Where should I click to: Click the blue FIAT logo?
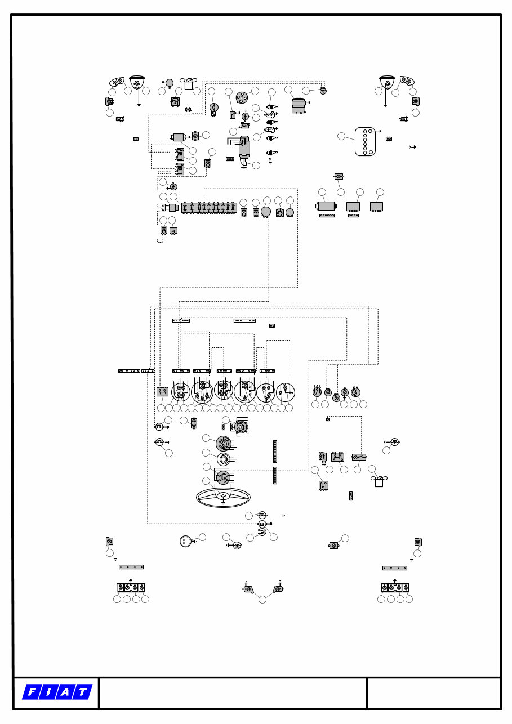57,692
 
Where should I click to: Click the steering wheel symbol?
223,497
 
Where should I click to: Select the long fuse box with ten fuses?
209,208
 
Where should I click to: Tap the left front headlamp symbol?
137,83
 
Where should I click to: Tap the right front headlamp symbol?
387,83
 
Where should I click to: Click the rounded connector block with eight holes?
365,141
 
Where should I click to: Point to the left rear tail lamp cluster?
131,588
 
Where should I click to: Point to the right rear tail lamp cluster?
395,588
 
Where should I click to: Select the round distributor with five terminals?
242,97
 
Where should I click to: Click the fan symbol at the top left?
189,83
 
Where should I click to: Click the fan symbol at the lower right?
379,481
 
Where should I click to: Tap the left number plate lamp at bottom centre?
248,589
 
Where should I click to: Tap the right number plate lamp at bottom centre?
278,589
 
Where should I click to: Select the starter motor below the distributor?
244,148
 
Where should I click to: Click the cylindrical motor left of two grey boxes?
326,206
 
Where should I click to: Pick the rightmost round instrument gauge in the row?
285,392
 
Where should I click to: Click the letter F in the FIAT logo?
32,692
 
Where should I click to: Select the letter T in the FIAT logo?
82,692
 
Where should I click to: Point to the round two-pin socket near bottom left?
185,541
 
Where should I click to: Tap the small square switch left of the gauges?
162,391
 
